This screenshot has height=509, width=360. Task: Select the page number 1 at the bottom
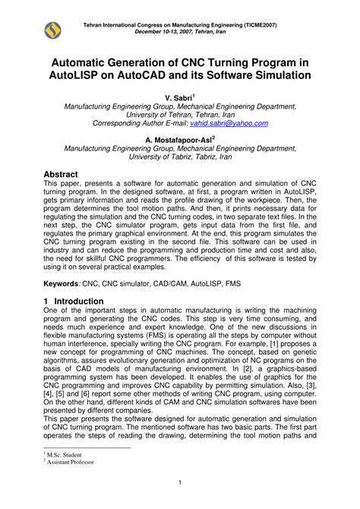point(180,483)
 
